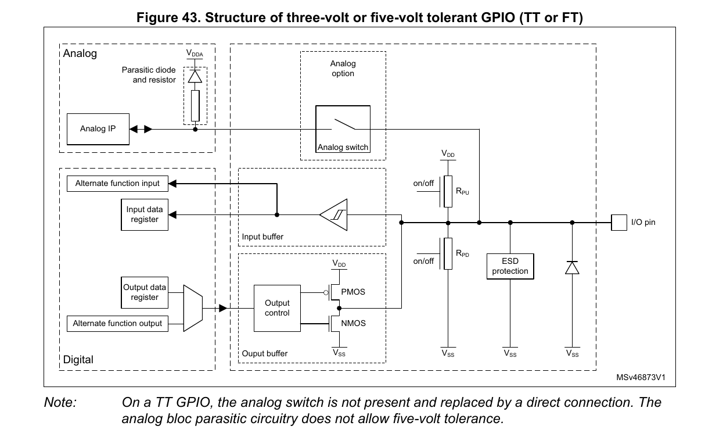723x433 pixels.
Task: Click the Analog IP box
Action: click(97, 128)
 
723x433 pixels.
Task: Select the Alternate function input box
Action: click(117, 184)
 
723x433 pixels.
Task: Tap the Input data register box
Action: click(144, 214)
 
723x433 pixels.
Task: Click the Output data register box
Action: click(144, 292)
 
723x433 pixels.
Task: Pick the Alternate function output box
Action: click(117, 324)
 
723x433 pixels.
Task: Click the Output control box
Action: click(277, 308)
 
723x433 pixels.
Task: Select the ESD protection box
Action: click(510, 266)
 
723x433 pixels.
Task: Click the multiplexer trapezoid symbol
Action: click(192, 308)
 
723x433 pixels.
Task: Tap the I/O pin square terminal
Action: click(618, 222)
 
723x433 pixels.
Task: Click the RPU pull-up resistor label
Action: click(463, 191)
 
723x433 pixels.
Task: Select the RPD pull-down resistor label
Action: click(463, 254)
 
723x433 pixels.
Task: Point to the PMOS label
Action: click(354, 292)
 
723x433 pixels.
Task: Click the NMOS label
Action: click(354, 323)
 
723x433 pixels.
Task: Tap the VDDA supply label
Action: click(195, 53)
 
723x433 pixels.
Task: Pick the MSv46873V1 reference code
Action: click(641, 377)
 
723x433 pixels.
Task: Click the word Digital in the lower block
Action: click(78, 360)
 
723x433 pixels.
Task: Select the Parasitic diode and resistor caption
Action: click(149, 75)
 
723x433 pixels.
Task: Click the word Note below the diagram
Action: click(60, 402)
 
